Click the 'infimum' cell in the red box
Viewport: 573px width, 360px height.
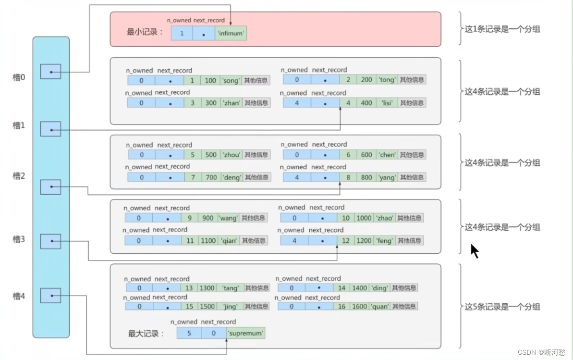coord(231,34)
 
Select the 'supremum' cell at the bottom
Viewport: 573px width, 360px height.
coord(246,333)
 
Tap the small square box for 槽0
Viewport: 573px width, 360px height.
coord(50,72)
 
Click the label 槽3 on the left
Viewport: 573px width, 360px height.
coord(19,239)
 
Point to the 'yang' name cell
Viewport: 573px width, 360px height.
coord(387,177)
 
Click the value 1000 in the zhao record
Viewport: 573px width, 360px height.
coord(364,218)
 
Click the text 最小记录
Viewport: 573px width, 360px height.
coord(145,32)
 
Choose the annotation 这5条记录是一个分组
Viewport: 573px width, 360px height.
coord(502,307)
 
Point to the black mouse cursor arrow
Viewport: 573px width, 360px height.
coord(474,250)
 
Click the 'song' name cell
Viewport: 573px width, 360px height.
coord(231,80)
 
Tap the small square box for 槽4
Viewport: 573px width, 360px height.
coord(50,296)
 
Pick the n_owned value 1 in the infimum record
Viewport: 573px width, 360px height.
coord(182,34)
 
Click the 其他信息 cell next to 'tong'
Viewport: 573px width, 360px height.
coord(412,80)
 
